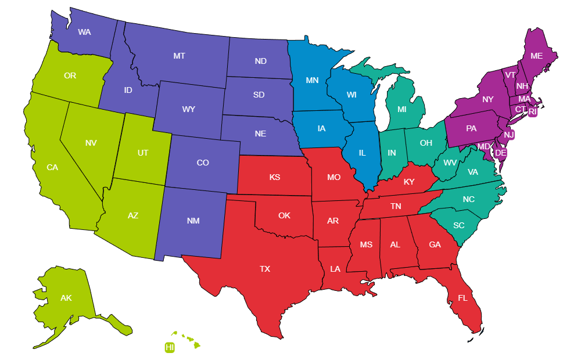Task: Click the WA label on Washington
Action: (84, 32)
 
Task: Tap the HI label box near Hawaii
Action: (170, 347)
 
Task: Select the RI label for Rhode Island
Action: (533, 111)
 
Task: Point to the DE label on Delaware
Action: (501, 153)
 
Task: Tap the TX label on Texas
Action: (265, 269)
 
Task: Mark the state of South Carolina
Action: (459, 225)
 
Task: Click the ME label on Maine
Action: (536, 56)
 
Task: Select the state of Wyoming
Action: (188, 109)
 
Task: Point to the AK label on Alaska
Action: (66, 298)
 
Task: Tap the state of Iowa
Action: (321, 128)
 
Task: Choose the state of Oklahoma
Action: (284, 215)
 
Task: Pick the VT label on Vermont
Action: (510, 75)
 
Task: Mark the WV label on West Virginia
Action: (450, 163)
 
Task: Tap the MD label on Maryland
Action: (483, 146)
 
